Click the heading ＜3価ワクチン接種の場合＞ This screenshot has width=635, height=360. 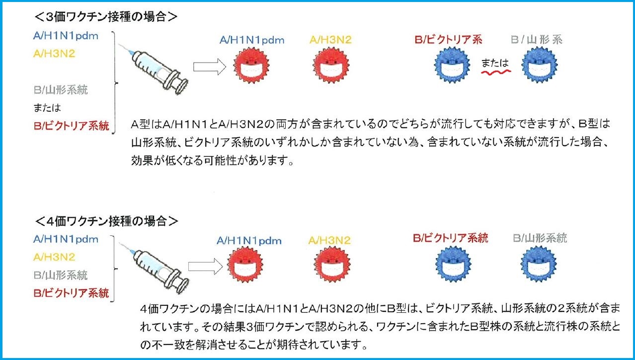click(106, 17)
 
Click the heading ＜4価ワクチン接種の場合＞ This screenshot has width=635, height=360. click(106, 221)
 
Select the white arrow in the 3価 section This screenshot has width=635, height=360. click(210, 67)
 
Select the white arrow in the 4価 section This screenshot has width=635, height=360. click(205, 267)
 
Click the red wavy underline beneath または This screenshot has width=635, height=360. click(496, 73)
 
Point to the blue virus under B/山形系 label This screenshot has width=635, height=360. click(540, 65)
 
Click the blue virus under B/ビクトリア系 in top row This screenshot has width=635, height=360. click(452, 65)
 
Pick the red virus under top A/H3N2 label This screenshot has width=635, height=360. click(331, 66)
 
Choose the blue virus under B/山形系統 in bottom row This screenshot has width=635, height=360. click(539, 264)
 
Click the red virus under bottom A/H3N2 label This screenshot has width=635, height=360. click(332, 264)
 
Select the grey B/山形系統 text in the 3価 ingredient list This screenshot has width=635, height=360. click(61, 90)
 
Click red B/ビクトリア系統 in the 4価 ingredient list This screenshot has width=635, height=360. click(71, 293)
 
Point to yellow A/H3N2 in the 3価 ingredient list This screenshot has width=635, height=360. click(54, 53)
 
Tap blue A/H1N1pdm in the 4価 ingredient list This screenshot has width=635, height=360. click(66, 239)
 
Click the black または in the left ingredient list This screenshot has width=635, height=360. click(47, 108)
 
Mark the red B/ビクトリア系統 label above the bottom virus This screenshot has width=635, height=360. click(451, 238)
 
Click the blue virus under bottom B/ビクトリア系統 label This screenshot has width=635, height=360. click(453, 264)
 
